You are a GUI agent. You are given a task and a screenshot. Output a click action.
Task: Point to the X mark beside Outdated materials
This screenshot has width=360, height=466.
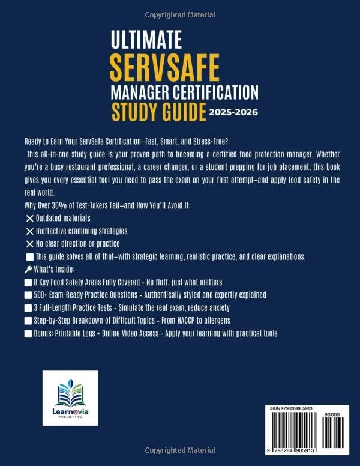(29, 217)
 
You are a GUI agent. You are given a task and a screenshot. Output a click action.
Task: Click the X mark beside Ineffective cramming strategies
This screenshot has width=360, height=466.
(29, 231)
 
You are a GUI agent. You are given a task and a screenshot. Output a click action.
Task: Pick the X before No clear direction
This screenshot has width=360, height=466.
(29, 243)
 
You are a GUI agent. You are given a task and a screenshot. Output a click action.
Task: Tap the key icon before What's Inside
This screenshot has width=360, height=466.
(28, 270)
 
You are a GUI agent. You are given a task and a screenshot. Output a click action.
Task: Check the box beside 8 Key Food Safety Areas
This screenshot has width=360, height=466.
(29, 282)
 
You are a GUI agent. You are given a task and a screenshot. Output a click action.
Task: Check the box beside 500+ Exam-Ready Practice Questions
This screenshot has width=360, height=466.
(29, 295)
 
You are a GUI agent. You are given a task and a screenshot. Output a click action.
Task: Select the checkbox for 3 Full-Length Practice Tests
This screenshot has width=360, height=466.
(29, 307)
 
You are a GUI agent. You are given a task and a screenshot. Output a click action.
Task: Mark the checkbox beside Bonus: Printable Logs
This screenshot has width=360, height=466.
(29, 333)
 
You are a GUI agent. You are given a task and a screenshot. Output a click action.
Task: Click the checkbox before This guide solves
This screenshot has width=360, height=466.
(29, 256)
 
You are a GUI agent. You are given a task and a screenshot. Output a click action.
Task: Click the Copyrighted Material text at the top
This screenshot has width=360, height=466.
(179, 7)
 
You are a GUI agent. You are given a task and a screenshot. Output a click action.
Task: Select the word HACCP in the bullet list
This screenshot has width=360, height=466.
(196, 321)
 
